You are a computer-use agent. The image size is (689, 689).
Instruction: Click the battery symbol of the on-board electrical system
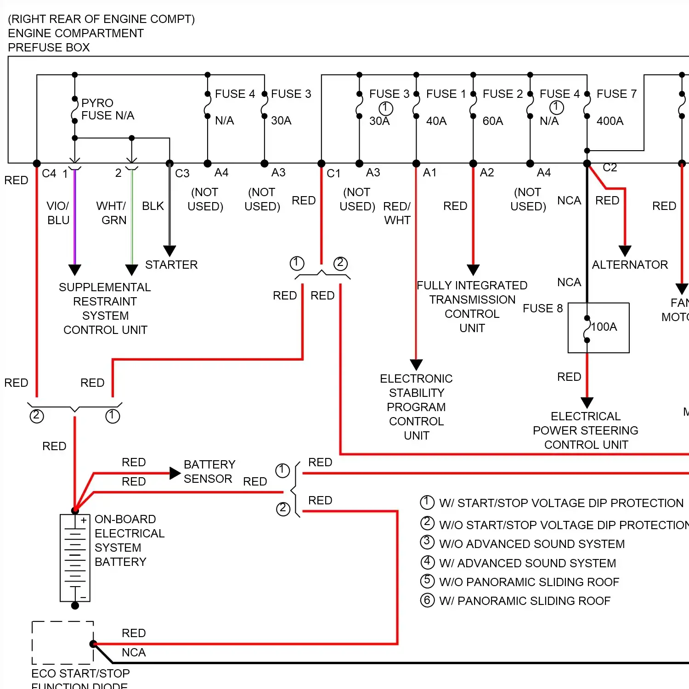75,558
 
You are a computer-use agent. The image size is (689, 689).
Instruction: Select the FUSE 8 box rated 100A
598,328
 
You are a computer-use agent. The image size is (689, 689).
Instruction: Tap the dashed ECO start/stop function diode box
62,643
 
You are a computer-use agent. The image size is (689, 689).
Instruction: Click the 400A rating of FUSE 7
610,121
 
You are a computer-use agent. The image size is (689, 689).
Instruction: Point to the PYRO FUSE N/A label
107,109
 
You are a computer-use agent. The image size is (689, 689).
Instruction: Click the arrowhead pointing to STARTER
169,251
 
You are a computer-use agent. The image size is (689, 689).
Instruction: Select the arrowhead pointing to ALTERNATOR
625,251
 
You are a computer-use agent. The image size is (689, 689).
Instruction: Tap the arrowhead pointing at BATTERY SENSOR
175,473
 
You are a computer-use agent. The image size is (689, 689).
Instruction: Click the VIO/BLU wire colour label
58,213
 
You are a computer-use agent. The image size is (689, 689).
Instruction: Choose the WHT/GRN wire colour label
112,213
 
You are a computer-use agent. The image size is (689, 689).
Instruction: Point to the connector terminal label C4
49,174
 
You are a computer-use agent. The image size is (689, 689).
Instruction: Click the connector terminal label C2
610,168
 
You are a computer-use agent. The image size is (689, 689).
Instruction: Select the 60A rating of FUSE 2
492,121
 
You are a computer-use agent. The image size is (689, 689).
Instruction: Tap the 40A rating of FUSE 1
436,121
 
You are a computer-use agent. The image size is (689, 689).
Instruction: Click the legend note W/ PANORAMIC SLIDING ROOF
525,601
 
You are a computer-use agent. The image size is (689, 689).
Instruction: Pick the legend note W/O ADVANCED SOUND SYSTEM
531,544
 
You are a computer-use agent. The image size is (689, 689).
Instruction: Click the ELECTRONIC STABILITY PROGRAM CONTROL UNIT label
416,407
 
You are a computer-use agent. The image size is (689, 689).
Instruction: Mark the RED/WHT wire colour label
397,213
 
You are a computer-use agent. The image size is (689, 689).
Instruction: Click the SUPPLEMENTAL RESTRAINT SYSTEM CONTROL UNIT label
105,308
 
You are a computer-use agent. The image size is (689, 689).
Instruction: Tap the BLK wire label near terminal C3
152,206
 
